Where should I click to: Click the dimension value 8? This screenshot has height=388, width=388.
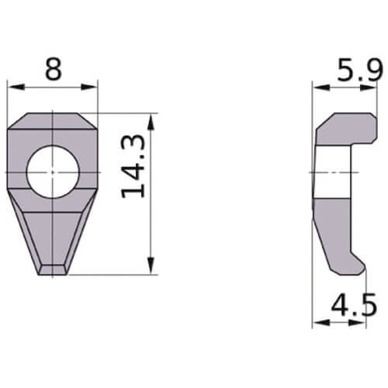54,69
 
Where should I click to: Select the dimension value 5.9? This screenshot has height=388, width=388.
360,70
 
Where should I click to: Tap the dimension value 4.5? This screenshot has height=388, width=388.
354,305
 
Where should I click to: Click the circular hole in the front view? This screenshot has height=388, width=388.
53,171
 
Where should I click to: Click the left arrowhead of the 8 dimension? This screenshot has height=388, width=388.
16,87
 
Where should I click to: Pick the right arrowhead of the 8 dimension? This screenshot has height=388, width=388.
89,87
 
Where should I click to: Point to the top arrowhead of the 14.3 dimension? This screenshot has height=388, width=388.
151,122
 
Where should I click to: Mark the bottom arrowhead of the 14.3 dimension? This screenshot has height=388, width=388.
151,266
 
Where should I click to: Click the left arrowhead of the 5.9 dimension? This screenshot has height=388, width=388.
321,88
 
